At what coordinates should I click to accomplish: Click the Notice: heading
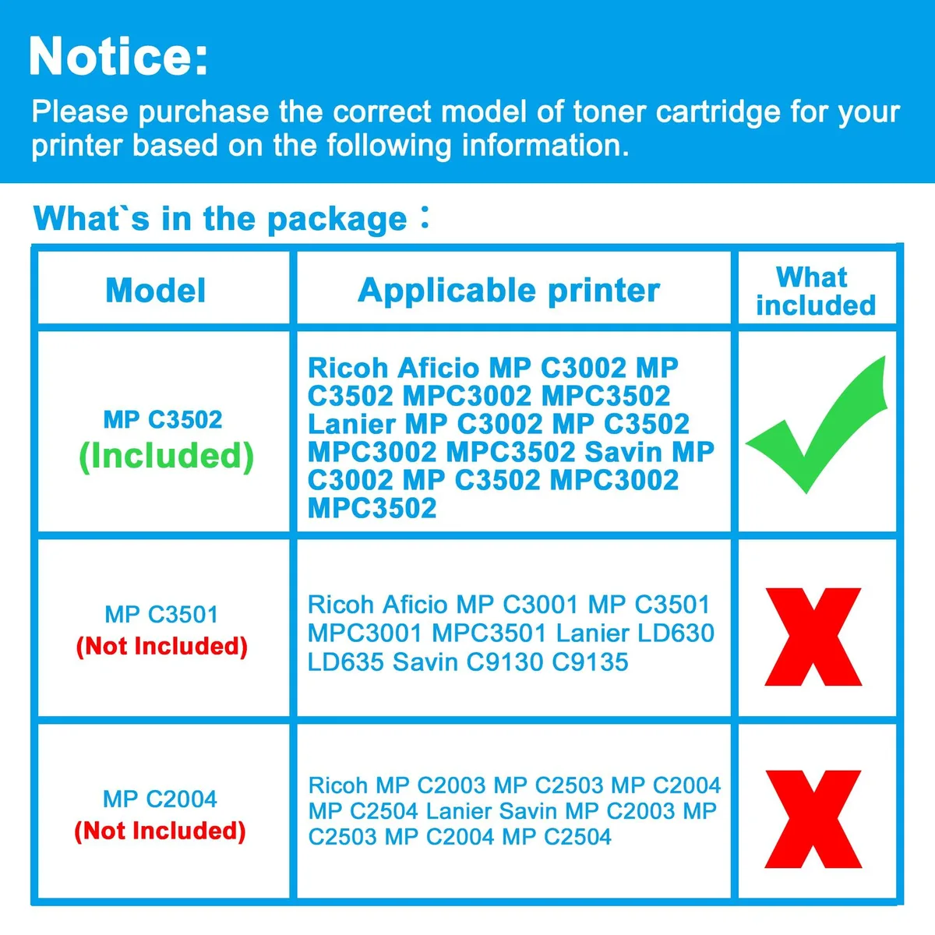point(118,56)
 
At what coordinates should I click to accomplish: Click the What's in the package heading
point(231,219)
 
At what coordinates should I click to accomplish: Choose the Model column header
point(156,291)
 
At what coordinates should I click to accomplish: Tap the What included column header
point(816,291)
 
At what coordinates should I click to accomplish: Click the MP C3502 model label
point(163,419)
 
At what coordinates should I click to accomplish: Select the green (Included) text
point(167,457)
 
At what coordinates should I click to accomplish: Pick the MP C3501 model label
point(161,614)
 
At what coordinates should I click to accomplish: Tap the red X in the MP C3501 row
point(813,637)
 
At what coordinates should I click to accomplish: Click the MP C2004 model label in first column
point(161,799)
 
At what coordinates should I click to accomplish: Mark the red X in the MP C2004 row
point(813,819)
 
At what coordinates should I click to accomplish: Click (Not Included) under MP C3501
point(161,647)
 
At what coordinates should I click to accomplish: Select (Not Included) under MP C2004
point(161,831)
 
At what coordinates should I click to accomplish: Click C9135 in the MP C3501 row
point(590,662)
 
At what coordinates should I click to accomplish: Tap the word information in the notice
point(545,145)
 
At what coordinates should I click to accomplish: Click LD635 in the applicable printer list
point(345,662)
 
